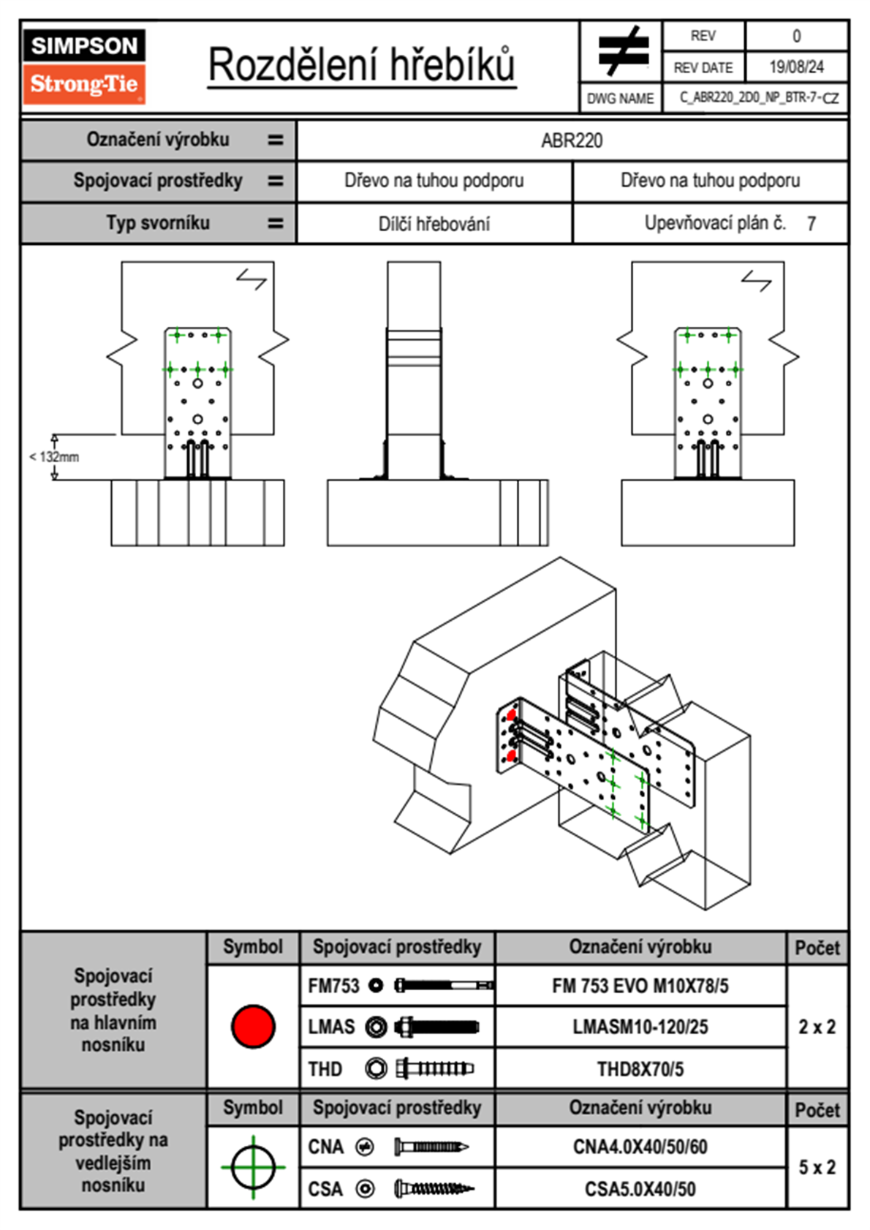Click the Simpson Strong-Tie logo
pyautogui.click(x=84, y=66)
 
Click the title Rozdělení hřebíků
pyautogui.click(x=361, y=65)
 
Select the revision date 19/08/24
pyautogui.click(x=796, y=67)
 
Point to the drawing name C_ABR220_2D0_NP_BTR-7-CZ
pyautogui.click(x=759, y=98)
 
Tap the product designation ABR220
pyautogui.click(x=572, y=140)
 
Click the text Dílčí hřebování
pyautogui.click(x=434, y=224)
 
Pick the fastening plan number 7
pyautogui.click(x=811, y=224)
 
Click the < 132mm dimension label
pyautogui.click(x=54, y=457)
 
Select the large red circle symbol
pyautogui.click(x=253, y=1026)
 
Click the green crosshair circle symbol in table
pyautogui.click(x=253, y=1167)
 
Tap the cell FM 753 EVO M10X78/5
pyautogui.click(x=640, y=986)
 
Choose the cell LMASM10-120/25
pyautogui.click(x=640, y=1027)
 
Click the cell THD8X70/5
pyautogui.click(x=640, y=1069)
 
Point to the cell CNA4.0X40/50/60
pyautogui.click(x=640, y=1147)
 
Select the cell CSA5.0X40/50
pyautogui.click(x=640, y=1189)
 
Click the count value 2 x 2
pyautogui.click(x=817, y=1027)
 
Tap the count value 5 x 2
pyautogui.click(x=817, y=1167)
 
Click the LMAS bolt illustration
pyautogui.click(x=436, y=1027)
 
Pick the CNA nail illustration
pyautogui.click(x=431, y=1147)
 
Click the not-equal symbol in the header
pyautogui.click(x=622, y=51)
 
